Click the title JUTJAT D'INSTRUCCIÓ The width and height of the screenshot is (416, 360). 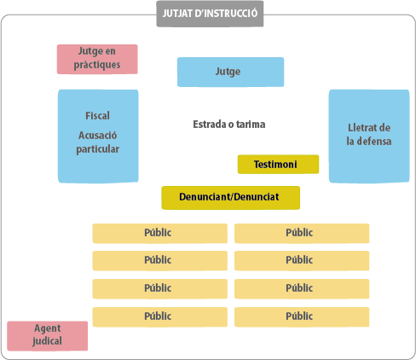(210, 14)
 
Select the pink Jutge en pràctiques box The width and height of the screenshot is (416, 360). (97, 59)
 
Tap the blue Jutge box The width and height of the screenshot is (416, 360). (230, 72)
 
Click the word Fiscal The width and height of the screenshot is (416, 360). (97, 116)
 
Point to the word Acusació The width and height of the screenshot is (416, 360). (97, 136)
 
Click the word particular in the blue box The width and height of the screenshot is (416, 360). (97, 149)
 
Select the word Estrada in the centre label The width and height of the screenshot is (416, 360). (210, 125)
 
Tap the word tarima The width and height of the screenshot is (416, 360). (251, 125)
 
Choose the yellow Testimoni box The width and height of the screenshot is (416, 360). (278, 164)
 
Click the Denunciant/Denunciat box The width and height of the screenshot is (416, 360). (230, 198)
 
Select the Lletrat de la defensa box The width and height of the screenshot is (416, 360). (369, 136)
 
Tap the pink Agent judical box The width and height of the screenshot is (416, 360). (48, 336)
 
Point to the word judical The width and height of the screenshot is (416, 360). (47, 341)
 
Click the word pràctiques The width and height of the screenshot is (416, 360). (97, 65)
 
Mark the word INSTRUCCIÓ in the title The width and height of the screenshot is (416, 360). (226, 14)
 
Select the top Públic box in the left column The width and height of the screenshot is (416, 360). (160, 234)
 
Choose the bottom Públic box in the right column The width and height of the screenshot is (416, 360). (302, 316)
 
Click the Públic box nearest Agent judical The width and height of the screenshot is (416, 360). (160, 316)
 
